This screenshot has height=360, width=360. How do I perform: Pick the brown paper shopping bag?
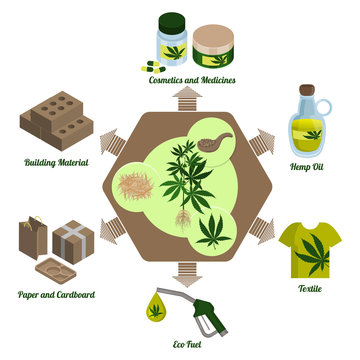tap(31, 240)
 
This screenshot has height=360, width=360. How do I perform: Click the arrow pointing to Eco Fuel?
tap(181, 271)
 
